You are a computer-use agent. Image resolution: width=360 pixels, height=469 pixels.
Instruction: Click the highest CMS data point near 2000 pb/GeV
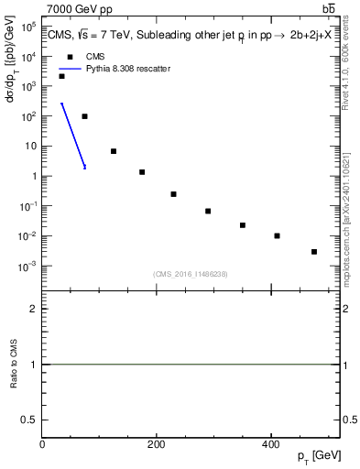(61, 76)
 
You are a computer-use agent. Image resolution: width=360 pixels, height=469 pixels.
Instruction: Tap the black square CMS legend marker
(69, 56)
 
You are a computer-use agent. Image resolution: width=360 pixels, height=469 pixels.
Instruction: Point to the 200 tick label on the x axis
(157, 444)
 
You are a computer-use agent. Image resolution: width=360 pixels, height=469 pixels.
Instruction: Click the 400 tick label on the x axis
(270, 444)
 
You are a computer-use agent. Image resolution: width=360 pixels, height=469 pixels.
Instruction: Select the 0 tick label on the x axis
(43, 444)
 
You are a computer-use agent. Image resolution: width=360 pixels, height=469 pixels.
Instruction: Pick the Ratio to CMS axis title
(14, 364)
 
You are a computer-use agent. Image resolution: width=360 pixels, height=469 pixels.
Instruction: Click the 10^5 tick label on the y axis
(28, 27)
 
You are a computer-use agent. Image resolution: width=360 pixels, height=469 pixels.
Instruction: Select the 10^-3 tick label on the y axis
(28, 266)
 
